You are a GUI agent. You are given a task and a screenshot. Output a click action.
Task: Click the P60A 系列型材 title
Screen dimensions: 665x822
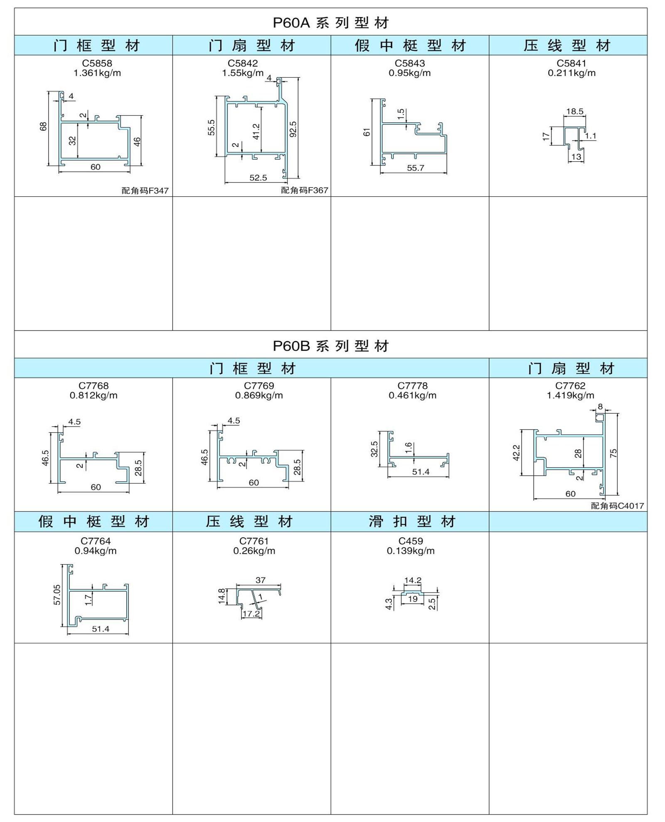pyautogui.click(x=331, y=22)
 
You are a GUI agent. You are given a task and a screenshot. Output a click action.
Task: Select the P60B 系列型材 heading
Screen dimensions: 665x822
pyautogui.click(x=331, y=346)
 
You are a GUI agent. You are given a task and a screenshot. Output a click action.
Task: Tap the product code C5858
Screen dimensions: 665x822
pyautogui.click(x=97, y=63)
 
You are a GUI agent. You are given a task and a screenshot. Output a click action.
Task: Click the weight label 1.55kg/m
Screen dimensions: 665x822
pyautogui.click(x=243, y=73)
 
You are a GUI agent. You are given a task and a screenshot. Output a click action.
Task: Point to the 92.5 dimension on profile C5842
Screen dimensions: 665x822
pyautogui.click(x=293, y=129)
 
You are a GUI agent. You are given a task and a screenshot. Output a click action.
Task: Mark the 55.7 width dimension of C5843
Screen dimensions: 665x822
pyautogui.click(x=416, y=168)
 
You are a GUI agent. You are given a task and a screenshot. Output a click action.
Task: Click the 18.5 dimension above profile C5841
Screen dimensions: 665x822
pyautogui.click(x=575, y=111)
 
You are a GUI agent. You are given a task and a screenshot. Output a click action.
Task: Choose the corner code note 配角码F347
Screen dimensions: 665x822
pyautogui.click(x=145, y=190)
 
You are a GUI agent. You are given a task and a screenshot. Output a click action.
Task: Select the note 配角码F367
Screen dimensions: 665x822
pyautogui.click(x=305, y=190)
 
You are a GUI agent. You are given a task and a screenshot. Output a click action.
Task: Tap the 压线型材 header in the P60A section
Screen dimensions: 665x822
pyautogui.click(x=567, y=45)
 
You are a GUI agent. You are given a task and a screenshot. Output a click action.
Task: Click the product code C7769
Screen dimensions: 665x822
pyautogui.click(x=259, y=386)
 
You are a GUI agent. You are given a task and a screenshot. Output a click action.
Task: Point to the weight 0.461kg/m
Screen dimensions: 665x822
pyautogui.click(x=412, y=395)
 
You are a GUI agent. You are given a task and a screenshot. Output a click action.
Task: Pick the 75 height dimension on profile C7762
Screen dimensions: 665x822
pyautogui.click(x=613, y=453)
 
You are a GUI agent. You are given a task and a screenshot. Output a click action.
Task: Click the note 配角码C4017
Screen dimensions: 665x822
pyautogui.click(x=617, y=506)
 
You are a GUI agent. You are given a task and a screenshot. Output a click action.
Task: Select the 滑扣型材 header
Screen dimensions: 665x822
pyautogui.click(x=412, y=521)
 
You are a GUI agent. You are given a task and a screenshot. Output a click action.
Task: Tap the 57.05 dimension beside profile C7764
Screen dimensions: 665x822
pyautogui.click(x=57, y=595)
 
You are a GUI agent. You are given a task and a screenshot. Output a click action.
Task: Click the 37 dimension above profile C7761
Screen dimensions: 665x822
pyautogui.click(x=261, y=580)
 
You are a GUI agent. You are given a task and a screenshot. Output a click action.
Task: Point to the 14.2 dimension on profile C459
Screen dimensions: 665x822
pyautogui.click(x=413, y=580)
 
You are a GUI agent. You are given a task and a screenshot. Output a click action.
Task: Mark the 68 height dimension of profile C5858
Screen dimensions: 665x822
pyautogui.click(x=43, y=127)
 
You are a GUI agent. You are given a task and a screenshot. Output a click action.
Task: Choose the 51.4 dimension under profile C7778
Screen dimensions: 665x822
pyautogui.click(x=421, y=472)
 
